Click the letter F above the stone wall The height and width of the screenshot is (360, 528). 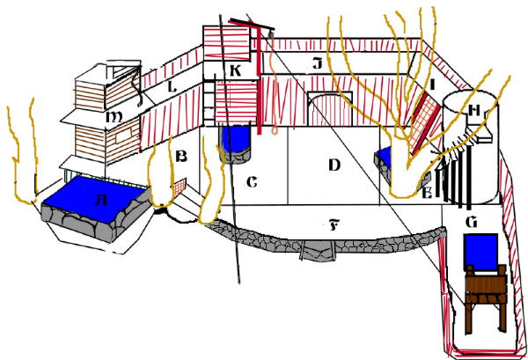[334, 226]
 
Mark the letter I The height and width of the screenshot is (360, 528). [433, 85]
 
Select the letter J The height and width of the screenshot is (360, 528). [316, 63]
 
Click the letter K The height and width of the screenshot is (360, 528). [236, 70]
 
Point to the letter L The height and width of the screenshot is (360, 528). [173, 87]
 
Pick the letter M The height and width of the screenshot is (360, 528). [114, 116]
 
